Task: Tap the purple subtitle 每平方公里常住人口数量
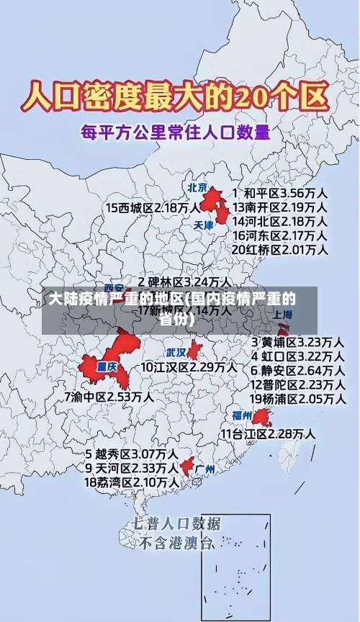click(x=175, y=132)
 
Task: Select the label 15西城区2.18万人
click(x=153, y=207)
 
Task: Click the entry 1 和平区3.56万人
click(x=279, y=194)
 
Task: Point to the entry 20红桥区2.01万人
click(x=279, y=250)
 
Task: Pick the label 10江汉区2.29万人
click(x=189, y=367)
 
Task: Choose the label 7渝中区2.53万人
click(x=108, y=396)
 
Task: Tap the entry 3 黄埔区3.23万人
click(x=297, y=341)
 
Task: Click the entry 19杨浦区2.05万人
click(x=297, y=398)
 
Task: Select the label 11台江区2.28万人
click(x=268, y=433)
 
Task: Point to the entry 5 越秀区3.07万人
click(x=132, y=454)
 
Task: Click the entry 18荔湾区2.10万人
click(x=132, y=482)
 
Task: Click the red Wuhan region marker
click(x=194, y=350)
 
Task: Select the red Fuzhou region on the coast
click(x=261, y=417)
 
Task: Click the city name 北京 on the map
click(x=197, y=188)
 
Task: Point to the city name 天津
click(x=204, y=225)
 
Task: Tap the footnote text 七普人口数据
click(x=176, y=523)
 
